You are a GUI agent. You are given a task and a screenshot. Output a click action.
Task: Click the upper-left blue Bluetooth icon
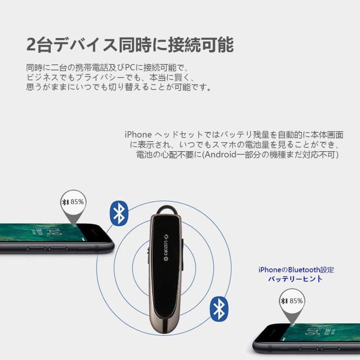(x=119, y=213)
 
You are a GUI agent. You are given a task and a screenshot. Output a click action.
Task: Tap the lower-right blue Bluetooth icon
(x=219, y=308)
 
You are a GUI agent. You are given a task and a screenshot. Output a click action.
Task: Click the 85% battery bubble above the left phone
(x=72, y=202)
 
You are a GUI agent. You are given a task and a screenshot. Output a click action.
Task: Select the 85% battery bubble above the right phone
(x=291, y=301)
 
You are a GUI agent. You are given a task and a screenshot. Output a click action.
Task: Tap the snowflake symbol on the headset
(x=165, y=259)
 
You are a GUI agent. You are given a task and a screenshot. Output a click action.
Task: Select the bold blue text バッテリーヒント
(x=295, y=279)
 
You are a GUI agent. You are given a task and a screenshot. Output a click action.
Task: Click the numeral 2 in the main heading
(x=32, y=44)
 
